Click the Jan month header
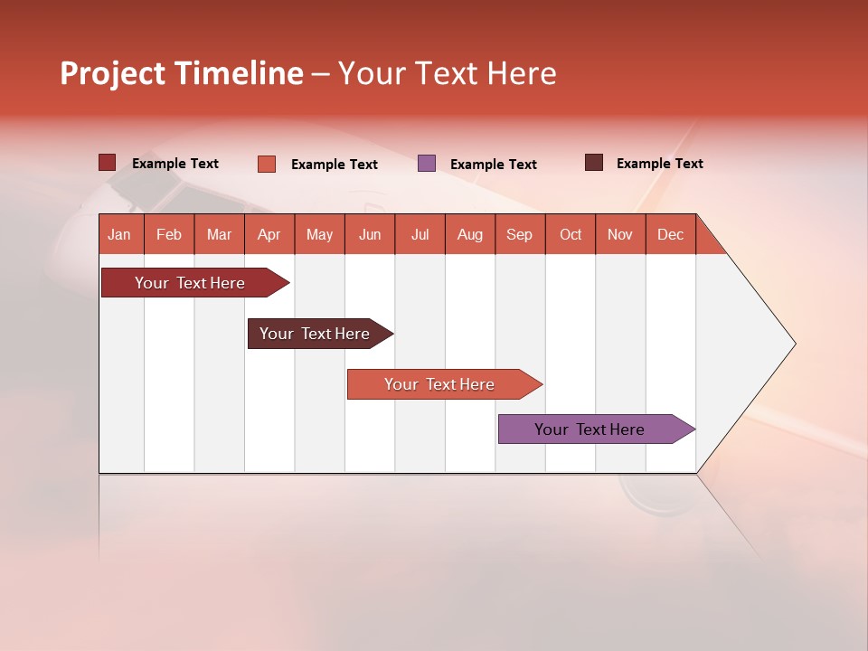(119, 234)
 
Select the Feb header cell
(169, 234)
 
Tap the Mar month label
(219, 234)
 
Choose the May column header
(319, 234)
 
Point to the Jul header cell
(420, 234)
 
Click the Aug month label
(469, 234)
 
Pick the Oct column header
(570, 234)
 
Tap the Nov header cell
(619, 234)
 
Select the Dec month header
(670, 234)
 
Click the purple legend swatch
(427, 164)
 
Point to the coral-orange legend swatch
(267, 164)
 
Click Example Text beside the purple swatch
(493, 165)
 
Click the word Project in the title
(112, 73)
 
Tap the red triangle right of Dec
(708, 241)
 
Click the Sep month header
(519, 234)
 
